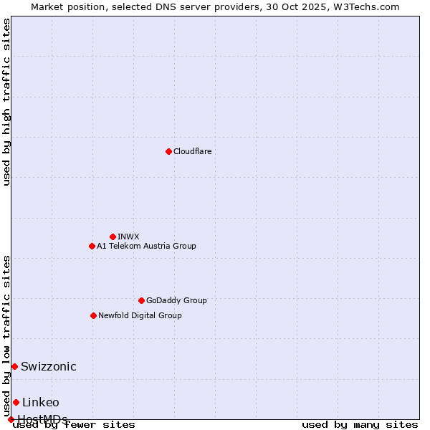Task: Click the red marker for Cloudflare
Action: pyautogui.click(x=168, y=151)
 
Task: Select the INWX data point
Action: pyautogui.click(x=113, y=236)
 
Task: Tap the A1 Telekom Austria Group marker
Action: pyautogui.click(x=92, y=246)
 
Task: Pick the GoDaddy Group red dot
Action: pyautogui.click(x=141, y=300)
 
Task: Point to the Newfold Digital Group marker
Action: pyautogui.click(x=93, y=315)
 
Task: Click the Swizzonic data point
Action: pyautogui.click(x=14, y=366)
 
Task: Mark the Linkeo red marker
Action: pyautogui.click(x=16, y=402)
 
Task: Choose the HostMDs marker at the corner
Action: pyautogui.click(x=11, y=419)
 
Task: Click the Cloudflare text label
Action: pyautogui.click(x=192, y=151)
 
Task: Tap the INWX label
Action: pyautogui.click(x=128, y=236)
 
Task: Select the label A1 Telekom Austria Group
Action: pyautogui.click(x=146, y=246)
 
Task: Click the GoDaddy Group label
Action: pyautogui.click(x=176, y=300)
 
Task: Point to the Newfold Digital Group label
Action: pyautogui.click(x=140, y=315)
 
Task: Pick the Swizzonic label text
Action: pyautogui.click(x=49, y=366)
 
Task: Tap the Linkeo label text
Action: pyautogui.click(x=41, y=402)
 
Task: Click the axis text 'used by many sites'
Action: pyautogui.click(x=360, y=424)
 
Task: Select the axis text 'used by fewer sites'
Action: pyautogui.click(x=75, y=424)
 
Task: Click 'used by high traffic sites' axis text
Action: pyautogui.click(x=7, y=102)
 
